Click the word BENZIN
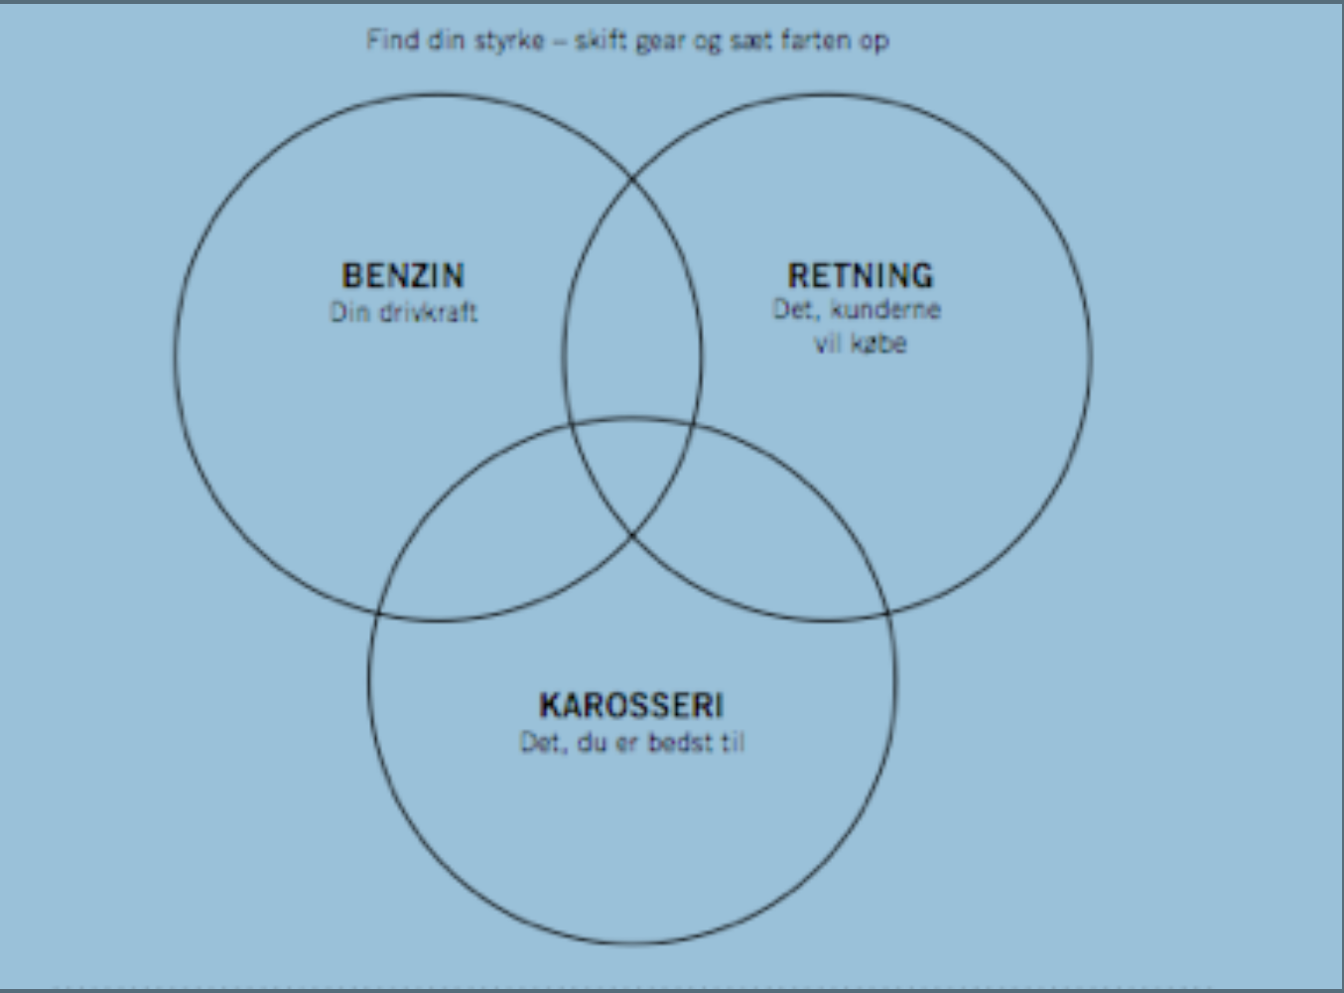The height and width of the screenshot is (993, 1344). (403, 275)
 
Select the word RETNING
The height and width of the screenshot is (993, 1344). (861, 275)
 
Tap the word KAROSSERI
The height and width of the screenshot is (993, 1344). (631, 705)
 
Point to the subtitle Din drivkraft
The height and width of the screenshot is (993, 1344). (403, 312)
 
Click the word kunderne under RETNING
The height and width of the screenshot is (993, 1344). (884, 309)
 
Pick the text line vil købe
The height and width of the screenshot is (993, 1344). (861, 344)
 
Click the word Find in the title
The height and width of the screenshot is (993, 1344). (388, 41)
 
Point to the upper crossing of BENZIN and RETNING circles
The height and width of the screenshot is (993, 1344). (632, 179)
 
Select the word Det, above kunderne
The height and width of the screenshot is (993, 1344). (794, 309)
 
